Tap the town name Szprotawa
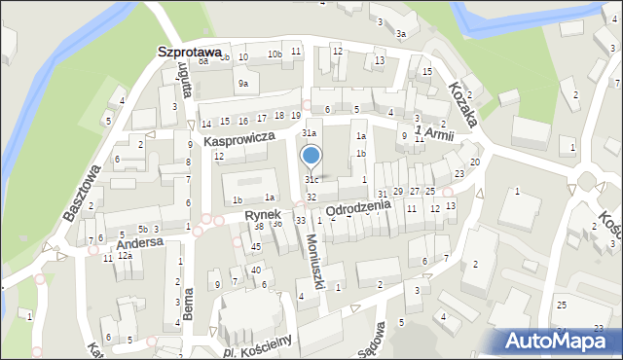(x=189, y=52)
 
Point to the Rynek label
(x=263, y=213)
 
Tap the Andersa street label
(x=141, y=243)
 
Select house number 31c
(x=311, y=180)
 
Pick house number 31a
(x=309, y=132)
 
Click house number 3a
(x=400, y=34)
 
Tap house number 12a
(x=125, y=256)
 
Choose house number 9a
(x=242, y=84)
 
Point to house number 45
(x=256, y=247)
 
